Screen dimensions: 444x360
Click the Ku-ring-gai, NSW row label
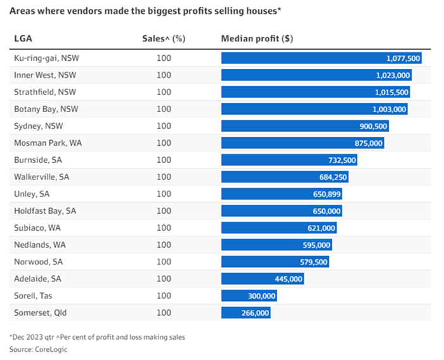[46, 58]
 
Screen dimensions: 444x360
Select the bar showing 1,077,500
[322, 58]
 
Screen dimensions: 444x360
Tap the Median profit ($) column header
[257, 39]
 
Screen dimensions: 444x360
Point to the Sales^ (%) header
[164, 39]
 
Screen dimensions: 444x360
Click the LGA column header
[23, 39]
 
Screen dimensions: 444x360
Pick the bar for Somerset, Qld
[246, 312]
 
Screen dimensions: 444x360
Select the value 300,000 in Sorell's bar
[261, 296]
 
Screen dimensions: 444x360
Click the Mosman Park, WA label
[48, 143]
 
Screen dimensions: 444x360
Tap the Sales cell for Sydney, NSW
[164, 126]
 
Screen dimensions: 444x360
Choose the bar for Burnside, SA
[289, 160]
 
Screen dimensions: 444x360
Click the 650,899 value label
[327, 194]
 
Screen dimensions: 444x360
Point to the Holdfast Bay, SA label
[45, 211]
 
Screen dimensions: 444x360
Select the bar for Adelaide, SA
[263, 279]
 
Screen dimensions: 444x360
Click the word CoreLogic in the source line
[51, 349]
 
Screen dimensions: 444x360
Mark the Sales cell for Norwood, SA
[164, 262]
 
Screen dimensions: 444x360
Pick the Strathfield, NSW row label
[45, 92]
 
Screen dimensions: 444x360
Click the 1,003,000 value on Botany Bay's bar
[389, 109]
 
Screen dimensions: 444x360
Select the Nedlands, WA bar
[277, 245]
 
